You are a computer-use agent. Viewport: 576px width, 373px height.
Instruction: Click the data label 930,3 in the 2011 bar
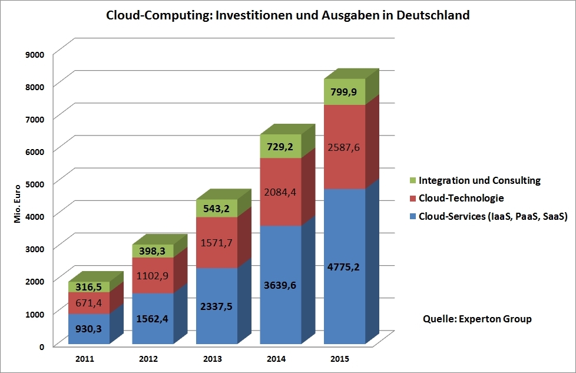[89, 329]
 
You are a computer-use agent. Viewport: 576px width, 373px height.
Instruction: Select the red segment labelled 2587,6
[345, 147]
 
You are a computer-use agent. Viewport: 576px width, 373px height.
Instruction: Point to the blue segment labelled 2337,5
[217, 306]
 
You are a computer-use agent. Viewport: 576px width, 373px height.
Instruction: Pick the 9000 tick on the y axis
[36, 54]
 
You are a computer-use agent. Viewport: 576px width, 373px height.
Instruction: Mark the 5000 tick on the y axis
[36, 183]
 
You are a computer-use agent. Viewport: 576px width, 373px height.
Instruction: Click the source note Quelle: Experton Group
[477, 319]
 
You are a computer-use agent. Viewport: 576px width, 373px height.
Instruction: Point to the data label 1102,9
[153, 275]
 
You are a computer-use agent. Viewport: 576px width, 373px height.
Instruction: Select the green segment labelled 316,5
[89, 287]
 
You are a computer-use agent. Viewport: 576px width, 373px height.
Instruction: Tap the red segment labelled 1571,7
[217, 243]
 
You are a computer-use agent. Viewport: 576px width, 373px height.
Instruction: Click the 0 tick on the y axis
[42, 346]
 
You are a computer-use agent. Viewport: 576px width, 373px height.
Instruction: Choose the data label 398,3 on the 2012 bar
[153, 251]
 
